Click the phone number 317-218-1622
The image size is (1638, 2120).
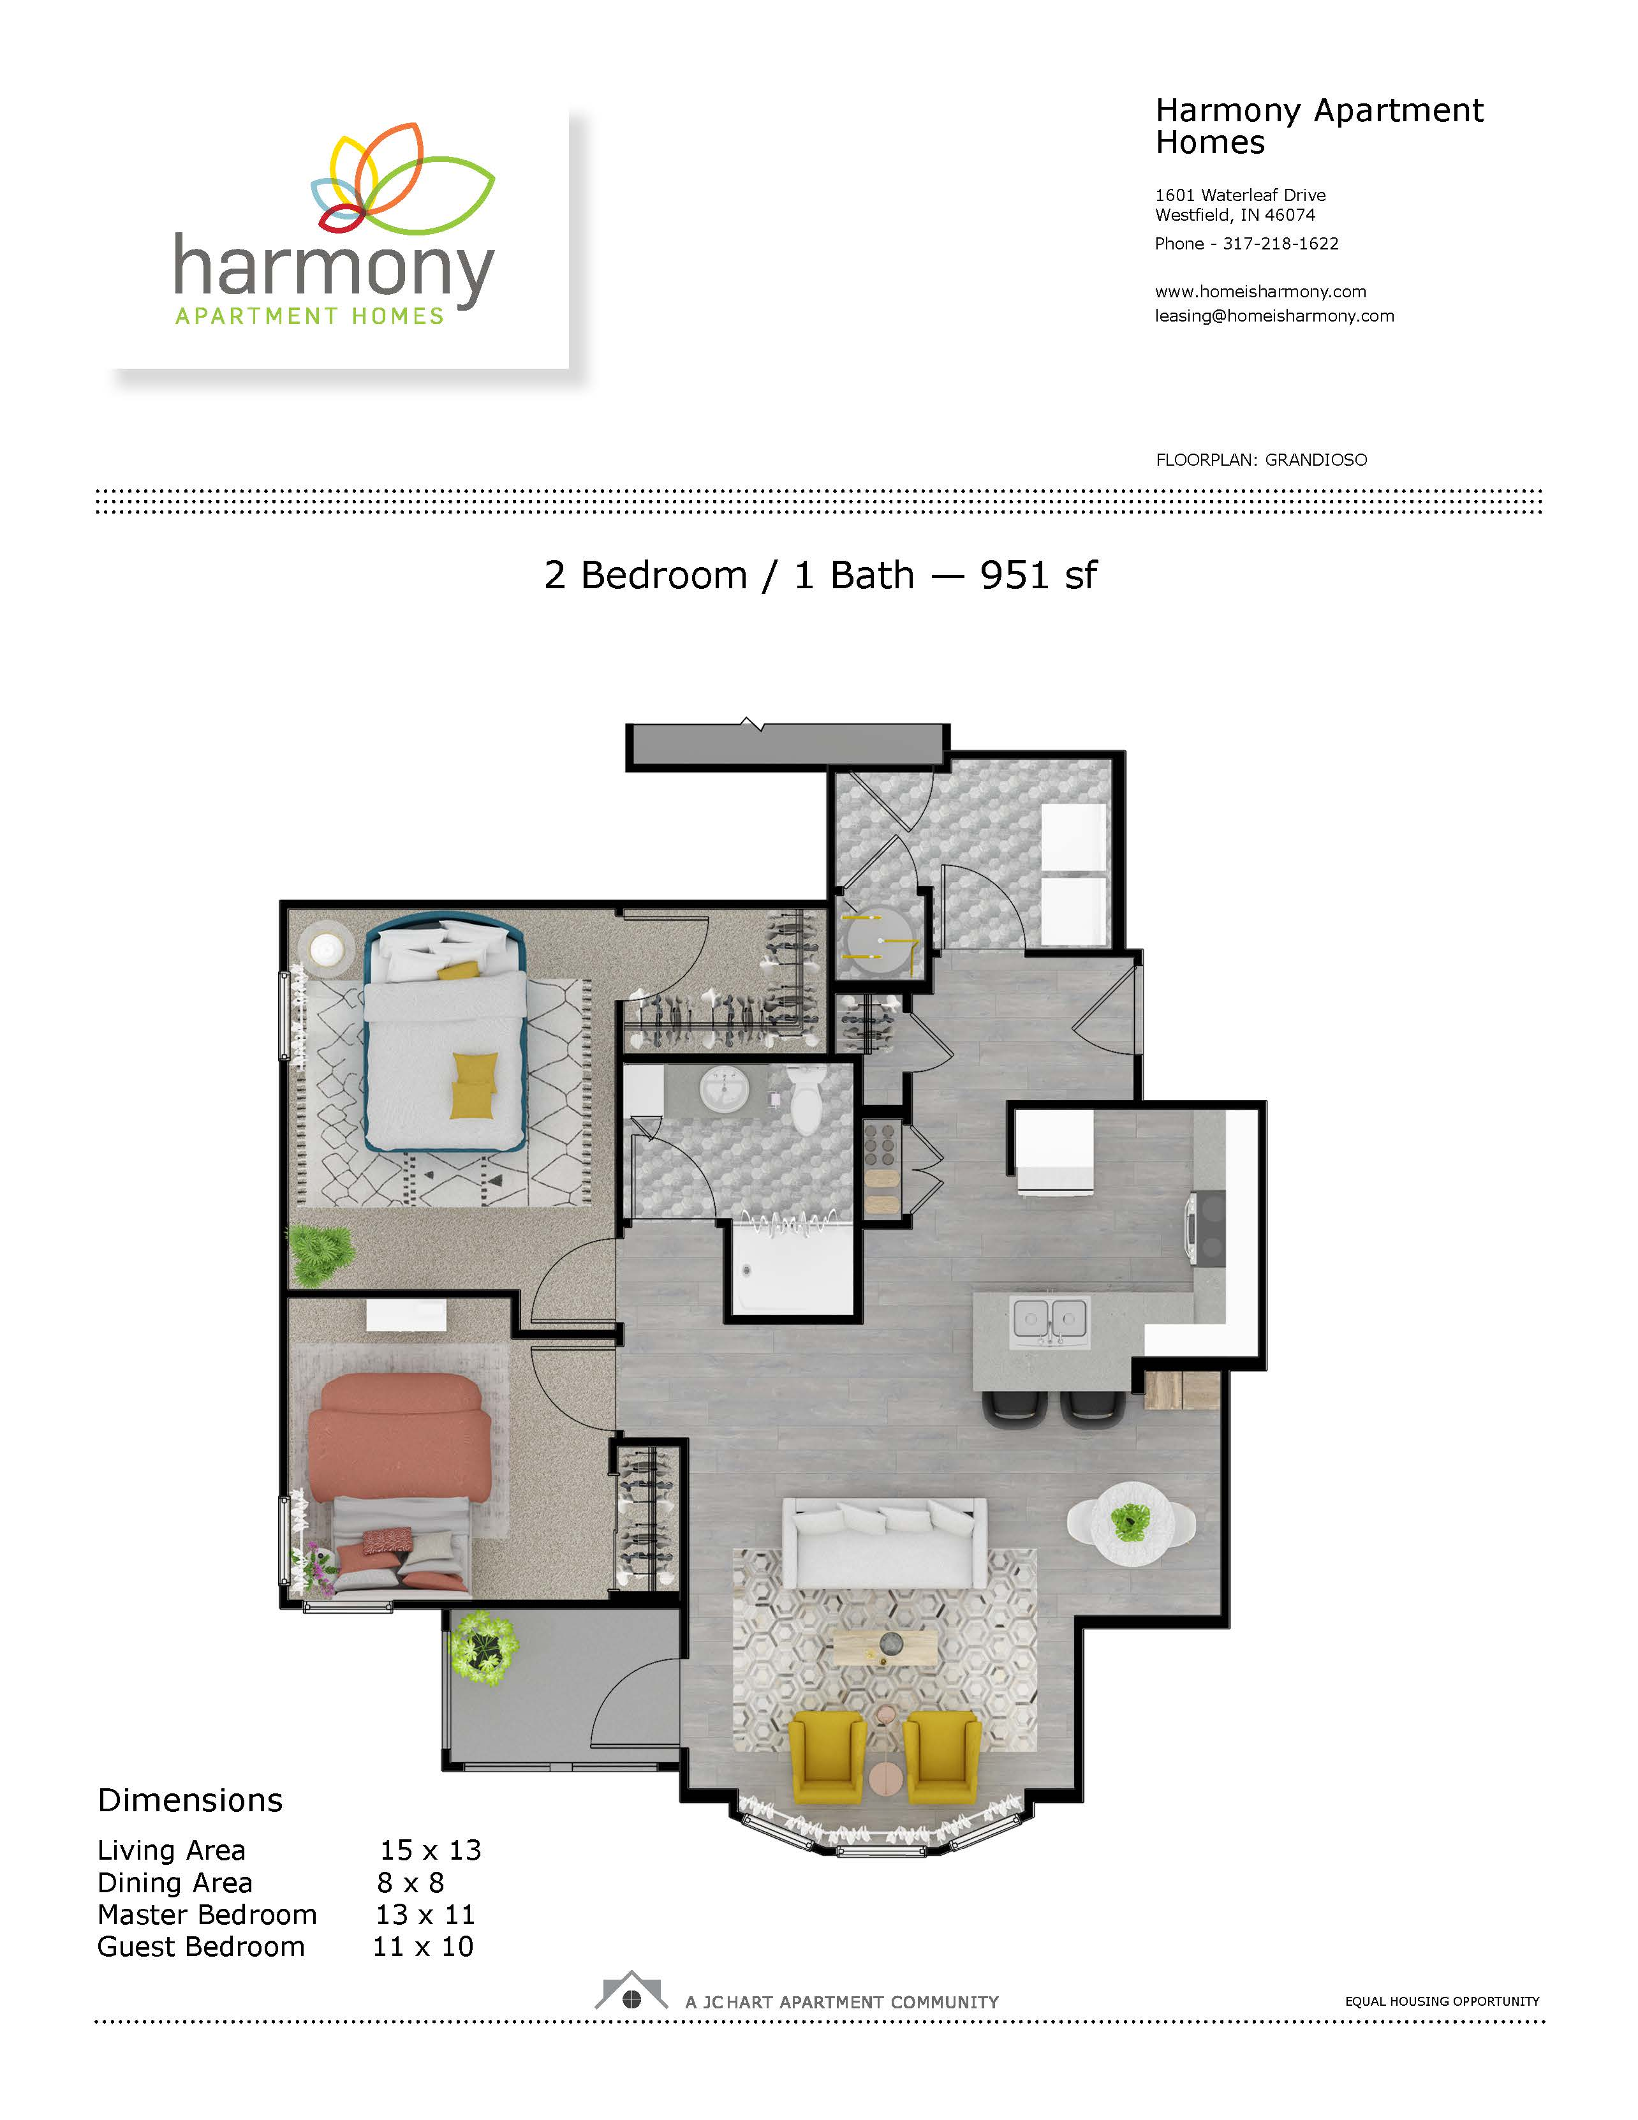point(1280,244)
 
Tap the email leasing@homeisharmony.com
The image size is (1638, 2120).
point(1274,315)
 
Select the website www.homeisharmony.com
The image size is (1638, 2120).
point(1260,291)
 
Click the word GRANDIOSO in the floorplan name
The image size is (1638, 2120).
point(1316,460)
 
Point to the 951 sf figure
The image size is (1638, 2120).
point(1038,575)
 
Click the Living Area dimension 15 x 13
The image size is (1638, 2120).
point(430,1850)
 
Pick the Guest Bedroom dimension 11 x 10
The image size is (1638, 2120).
point(423,1946)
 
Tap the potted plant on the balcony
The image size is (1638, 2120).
point(482,1646)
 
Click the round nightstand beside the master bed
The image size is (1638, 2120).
point(326,946)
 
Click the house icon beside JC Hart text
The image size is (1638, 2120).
point(631,1991)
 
